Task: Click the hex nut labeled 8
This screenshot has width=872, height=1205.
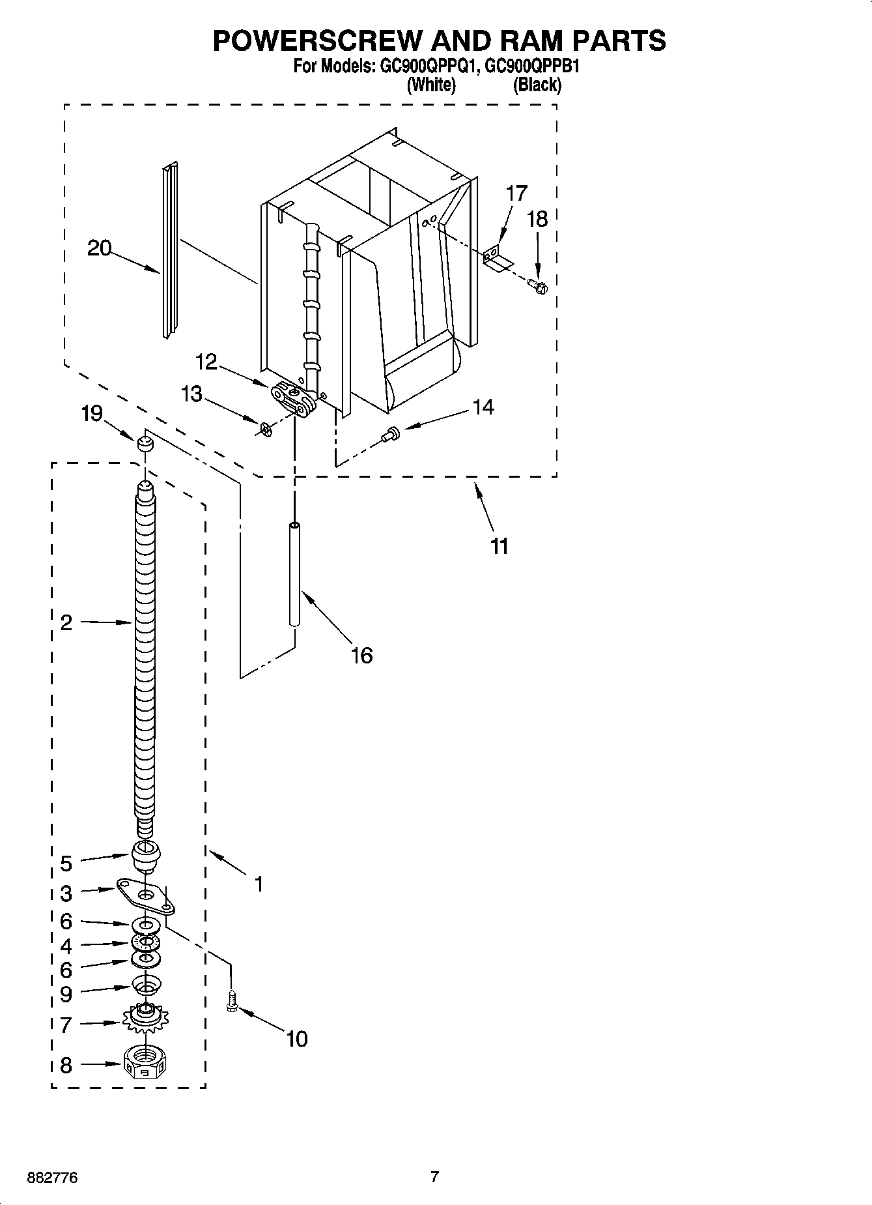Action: pyautogui.click(x=145, y=1065)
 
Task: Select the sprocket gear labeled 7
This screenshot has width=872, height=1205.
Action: pyautogui.click(x=146, y=1017)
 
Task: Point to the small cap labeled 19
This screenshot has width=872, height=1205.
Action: pyautogui.click(x=145, y=444)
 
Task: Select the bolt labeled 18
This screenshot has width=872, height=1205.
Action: pyautogui.click(x=537, y=285)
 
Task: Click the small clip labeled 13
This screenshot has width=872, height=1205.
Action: pyautogui.click(x=264, y=429)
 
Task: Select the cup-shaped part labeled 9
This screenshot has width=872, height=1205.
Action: pyautogui.click(x=147, y=985)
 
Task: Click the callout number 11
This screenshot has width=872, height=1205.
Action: pyautogui.click(x=499, y=546)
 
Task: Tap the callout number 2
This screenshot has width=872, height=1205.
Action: pyautogui.click(x=66, y=623)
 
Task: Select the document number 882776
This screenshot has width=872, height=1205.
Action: pyautogui.click(x=52, y=1178)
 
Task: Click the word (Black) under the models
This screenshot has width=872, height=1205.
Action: pyautogui.click(x=537, y=85)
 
